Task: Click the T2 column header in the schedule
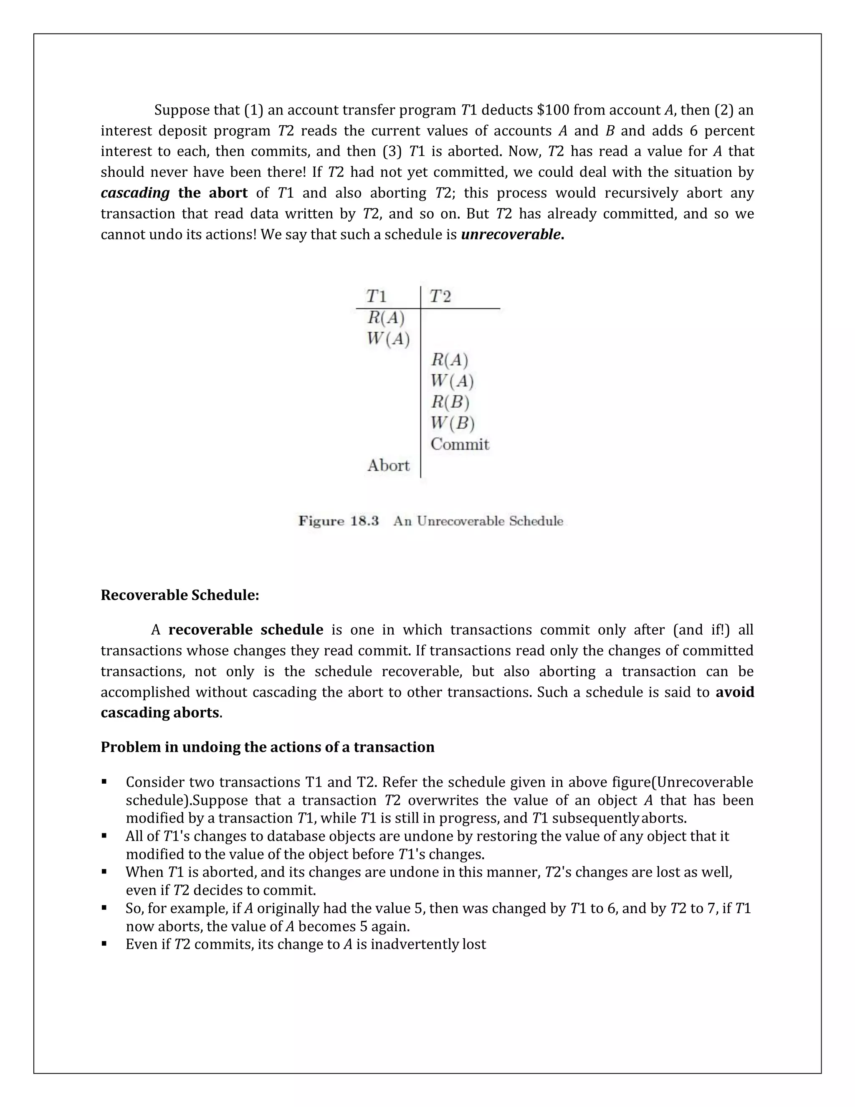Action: (x=440, y=296)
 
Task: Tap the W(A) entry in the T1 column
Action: (x=388, y=339)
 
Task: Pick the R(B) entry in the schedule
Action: (x=450, y=402)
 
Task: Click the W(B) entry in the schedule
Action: (x=452, y=423)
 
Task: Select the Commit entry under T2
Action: (x=459, y=444)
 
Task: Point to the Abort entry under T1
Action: (x=388, y=465)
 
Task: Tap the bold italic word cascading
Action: (x=135, y=193)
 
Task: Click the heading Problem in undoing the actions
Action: (x=268, y=747)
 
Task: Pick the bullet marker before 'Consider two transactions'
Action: (x=104, y=782)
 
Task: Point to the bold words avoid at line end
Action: (x=734, y=692)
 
